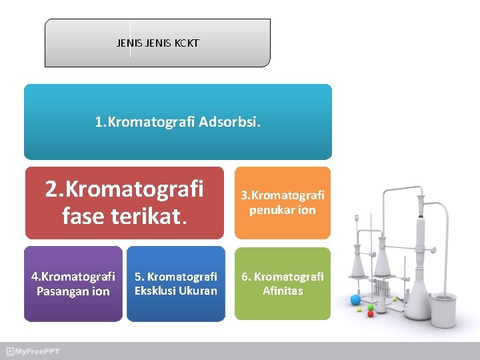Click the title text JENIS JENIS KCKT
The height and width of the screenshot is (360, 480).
[x=157, y=43]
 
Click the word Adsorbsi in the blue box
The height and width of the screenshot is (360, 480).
[x=230, y=123]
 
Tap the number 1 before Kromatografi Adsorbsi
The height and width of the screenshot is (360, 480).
[x=98, y=123]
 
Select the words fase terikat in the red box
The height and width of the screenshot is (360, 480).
[x=125, y=215]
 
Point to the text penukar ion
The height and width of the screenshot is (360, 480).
[x=283, y=210]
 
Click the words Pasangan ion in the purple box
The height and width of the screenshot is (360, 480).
[x=73, y=291]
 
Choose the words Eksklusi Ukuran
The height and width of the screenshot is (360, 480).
[x=176, y=291]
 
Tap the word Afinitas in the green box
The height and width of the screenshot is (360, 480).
[x=283, y=291]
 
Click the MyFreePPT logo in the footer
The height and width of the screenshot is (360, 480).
[x=33, y=351]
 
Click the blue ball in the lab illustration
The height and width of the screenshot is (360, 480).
[x=355, y=299]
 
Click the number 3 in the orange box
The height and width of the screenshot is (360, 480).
[x=244, y=195]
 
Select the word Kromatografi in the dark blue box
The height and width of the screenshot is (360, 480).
[x=181, y=277]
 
